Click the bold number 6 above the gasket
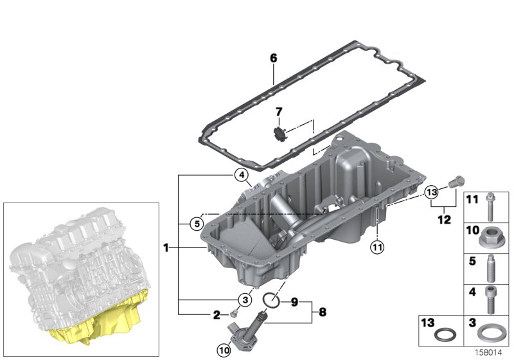[273, 59]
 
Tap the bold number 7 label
[279, 112]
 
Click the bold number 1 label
[166, 248]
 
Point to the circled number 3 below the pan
[244, 300]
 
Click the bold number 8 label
[323, 312]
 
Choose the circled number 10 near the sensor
[224, 350]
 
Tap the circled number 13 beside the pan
[431, 192]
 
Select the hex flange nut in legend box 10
[490, 240]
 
